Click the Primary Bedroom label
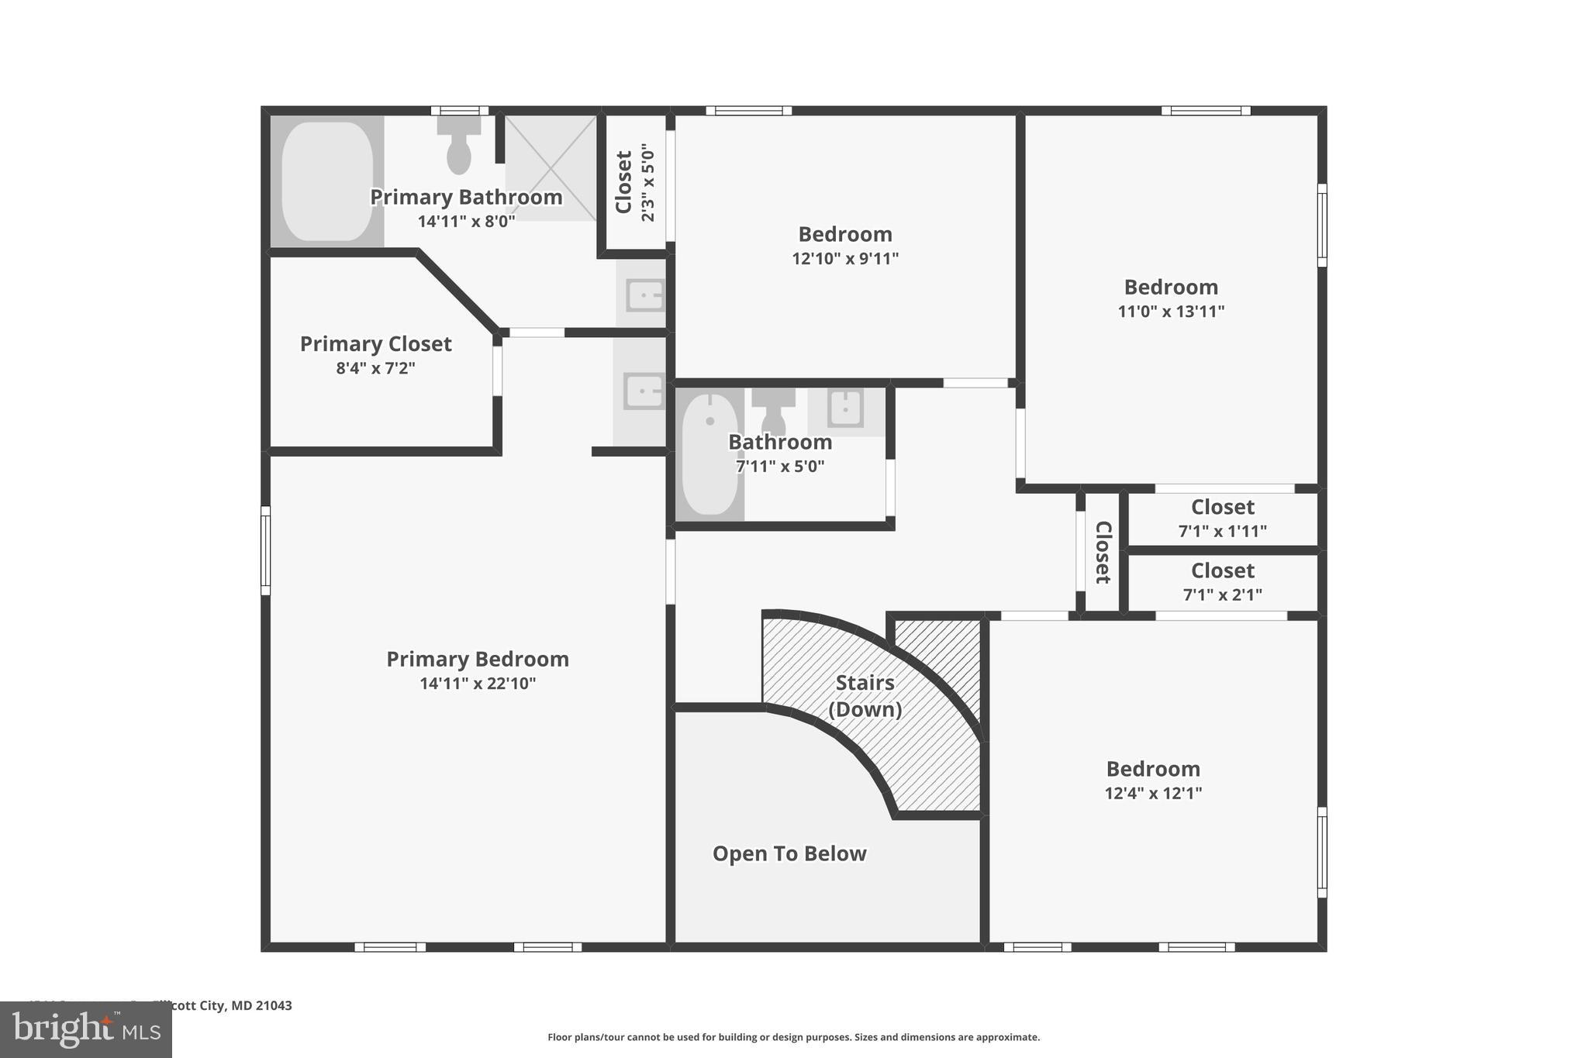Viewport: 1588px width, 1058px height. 478,659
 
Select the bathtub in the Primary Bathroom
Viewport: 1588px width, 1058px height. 326,181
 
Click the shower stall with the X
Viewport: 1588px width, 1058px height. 551,167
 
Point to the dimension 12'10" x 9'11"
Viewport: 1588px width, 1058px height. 845,258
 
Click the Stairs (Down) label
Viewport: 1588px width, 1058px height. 865,695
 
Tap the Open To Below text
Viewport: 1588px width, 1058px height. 789,853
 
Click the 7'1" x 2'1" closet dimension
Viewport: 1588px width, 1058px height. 1222,594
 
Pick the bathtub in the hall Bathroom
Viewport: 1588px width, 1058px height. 710,454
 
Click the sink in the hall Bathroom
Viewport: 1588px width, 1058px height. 845,408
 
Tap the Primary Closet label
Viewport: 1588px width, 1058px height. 375,343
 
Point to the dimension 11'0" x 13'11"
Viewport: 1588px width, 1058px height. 1171,311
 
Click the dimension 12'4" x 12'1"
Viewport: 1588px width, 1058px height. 1153,793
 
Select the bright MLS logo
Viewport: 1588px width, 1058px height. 86,1029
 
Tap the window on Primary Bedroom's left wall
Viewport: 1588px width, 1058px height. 265,550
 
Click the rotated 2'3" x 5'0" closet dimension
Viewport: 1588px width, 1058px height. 648,183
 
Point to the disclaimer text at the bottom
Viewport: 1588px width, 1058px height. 793,1037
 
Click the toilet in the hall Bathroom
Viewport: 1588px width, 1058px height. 773,412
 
